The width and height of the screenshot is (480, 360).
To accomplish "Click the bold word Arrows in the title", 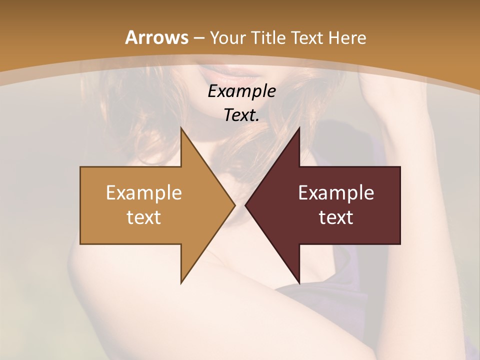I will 156,37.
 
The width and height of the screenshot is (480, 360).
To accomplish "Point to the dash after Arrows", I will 198,38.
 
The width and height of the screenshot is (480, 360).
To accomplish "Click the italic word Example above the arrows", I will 241,91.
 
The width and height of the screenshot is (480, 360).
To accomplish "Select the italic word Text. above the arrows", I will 241,115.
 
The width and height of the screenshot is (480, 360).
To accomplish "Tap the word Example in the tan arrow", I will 143,192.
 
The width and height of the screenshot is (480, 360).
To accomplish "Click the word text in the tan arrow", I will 143,217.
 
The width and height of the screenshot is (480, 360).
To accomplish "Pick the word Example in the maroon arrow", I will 336,192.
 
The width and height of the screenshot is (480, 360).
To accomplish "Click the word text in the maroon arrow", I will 336,217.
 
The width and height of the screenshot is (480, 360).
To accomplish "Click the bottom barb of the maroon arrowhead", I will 298,281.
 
